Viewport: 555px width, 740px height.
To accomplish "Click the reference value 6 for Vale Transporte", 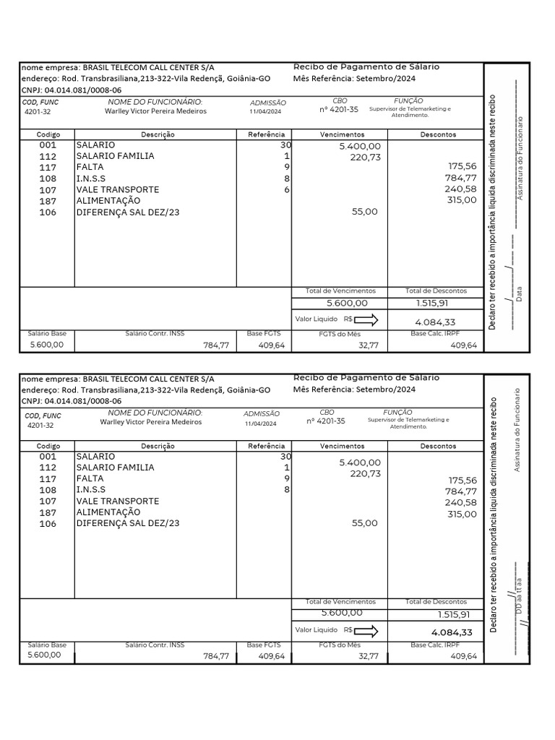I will [286, 189].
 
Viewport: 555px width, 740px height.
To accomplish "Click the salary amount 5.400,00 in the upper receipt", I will [359, 146].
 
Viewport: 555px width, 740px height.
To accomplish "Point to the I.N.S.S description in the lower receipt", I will [90, 490].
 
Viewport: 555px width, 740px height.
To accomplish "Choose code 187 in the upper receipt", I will [48, 200].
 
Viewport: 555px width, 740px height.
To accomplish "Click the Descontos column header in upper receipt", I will [438, 134].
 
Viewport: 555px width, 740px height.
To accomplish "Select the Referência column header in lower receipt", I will [267, 446].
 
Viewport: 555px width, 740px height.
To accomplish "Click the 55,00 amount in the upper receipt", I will [365, 212].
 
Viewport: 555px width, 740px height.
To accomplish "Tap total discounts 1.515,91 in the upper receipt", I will [436, 304].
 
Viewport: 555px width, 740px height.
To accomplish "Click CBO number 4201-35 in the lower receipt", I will [326, 421].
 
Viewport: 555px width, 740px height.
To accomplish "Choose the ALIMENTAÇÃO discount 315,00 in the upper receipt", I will [462, 200].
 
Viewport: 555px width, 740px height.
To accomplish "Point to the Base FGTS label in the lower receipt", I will [264, 645].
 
